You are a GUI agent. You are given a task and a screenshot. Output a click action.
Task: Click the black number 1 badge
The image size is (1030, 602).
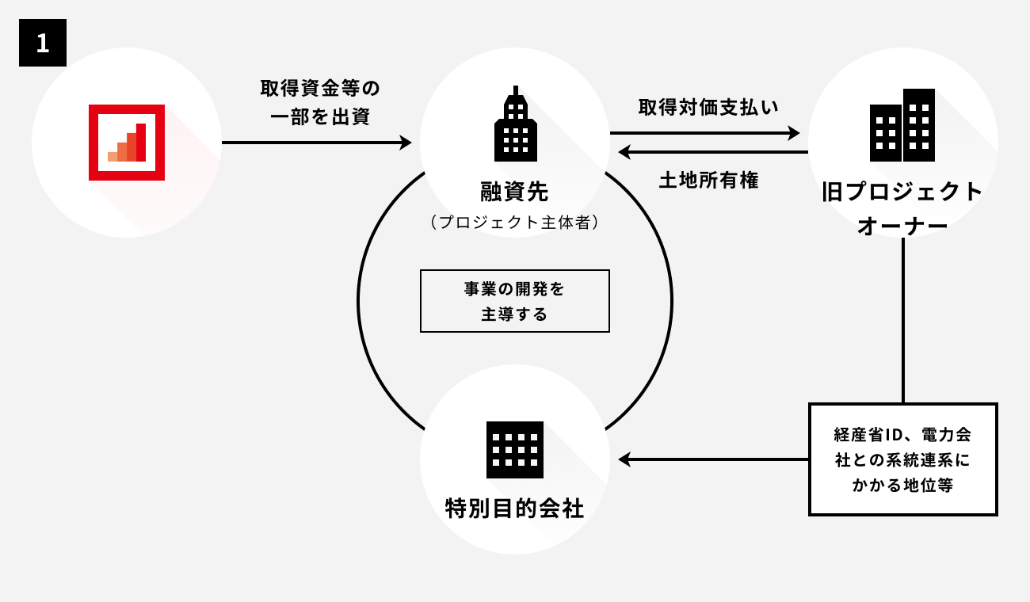pyautogui.click(x=43, y=43)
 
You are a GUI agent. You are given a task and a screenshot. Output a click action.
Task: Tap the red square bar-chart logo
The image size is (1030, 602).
pyautogui.click(x=127, y=143)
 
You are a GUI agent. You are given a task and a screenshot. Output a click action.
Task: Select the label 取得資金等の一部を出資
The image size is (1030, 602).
pyautogui.click(x=315, y=102)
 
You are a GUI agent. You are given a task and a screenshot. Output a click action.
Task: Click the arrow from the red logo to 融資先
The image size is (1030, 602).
pyautogui.click(x=317, y=143)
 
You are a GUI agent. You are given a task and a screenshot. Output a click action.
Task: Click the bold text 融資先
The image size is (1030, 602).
pyautogui.click(x=514, y=191)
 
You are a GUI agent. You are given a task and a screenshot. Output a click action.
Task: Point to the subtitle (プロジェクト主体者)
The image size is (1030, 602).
pyautogui.click(x=514, y=223)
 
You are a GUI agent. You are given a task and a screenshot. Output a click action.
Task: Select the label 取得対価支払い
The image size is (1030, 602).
pyautogui.click(x=708, y=107)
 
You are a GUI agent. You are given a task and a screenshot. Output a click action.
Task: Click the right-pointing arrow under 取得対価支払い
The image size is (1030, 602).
pyautogui.click(x=705, y=133)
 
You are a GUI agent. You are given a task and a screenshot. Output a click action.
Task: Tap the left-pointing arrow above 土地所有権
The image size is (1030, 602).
pyautogui.click(x=713, y=151)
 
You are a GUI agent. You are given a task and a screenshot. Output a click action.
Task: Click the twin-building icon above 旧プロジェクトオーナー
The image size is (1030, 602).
pyautogui.click(x=902, y=125)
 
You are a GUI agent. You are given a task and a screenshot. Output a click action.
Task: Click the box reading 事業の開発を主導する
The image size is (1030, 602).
pyautogui.click(x=514, y=301)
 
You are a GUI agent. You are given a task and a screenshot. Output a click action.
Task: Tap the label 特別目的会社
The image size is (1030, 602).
pyautogui.click(x=515, y=508)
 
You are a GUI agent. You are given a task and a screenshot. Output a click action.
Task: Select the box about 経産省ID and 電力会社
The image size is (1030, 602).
pyautogui.click(x=902, y=459)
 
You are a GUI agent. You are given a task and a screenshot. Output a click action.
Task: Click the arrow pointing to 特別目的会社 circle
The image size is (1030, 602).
pyautogui.click(x=713, y=459)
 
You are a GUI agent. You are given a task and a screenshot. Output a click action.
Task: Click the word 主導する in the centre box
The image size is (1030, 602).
pyautogui.click(x=514, y=314)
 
